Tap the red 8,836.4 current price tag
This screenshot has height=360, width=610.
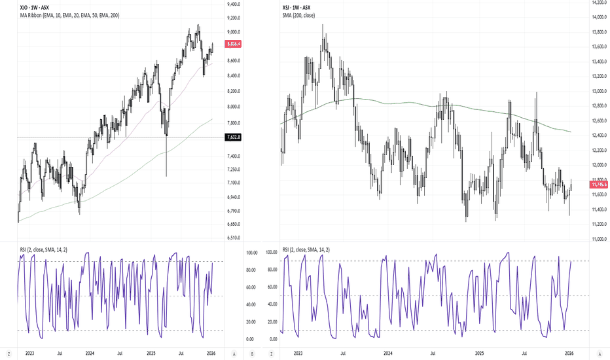pyautogui.click(x=232, y=45)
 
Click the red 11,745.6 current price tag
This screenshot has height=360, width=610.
pyautogui.click(x=599, y=185)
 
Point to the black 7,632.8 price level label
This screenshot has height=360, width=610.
pyautogui.click(x=232, y=137)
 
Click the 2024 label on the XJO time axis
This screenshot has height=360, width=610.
pyautogui.click(x=89, y=353)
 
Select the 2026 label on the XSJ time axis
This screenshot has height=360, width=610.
pyautogui.click(x=569, y=353)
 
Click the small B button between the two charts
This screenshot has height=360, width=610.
pyautogui.click(x=253, y=353)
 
